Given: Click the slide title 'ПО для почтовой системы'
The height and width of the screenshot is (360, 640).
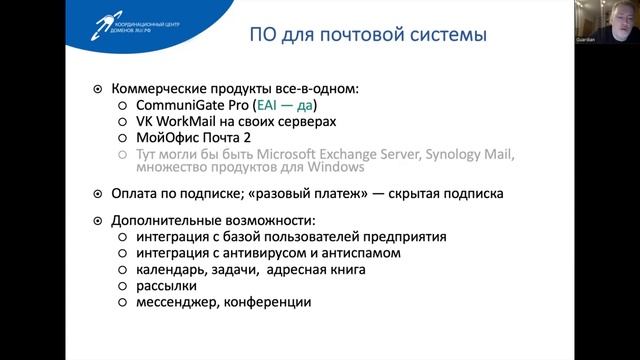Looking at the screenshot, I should (x=367, y=37).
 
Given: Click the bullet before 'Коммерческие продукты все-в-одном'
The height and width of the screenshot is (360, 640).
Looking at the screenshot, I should (x=96, y=88).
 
